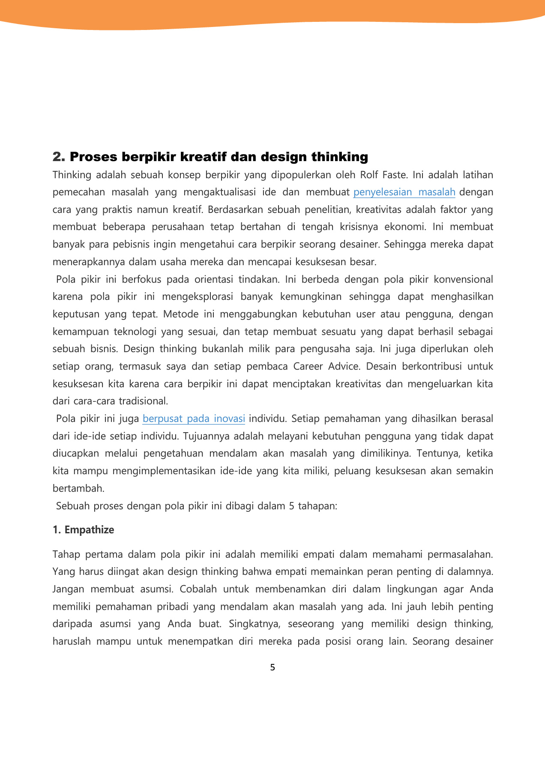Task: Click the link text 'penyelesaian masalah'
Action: click(x=404, y=192)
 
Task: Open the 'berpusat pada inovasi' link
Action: click(x=194, y=418)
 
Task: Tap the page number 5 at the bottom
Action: click(x=272, y=667)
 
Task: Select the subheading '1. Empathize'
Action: click(x=84, y=530)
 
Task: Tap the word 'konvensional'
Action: click(x=463, y=279)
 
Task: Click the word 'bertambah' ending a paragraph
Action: click(x=78, y=488)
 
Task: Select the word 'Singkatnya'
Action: click(x=254, y=624)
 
